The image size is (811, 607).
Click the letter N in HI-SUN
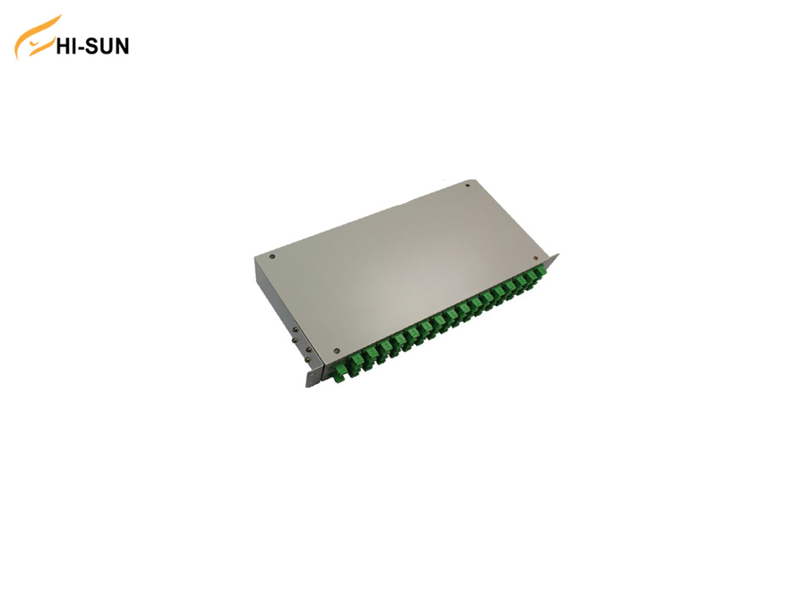tap(122, 46)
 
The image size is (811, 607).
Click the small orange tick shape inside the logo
tap(35, 44)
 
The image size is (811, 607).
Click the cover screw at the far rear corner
tap(467, 186)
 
